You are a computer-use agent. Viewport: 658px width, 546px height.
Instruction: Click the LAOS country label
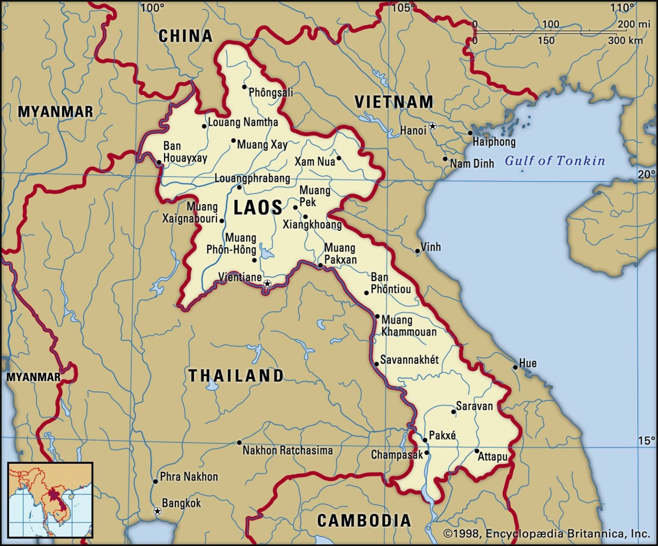pyautogui.click(x=257, y=207)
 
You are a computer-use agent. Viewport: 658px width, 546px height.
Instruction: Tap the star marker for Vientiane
pyautogui.click(x=267, y=283)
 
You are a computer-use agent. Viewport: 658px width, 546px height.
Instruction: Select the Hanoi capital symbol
pyautogui.click(x=433, y=126)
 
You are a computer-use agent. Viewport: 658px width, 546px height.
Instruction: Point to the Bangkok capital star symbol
pyautogui.click(x=157, y=511)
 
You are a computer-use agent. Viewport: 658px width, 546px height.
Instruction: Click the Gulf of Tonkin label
pyautogui.click(x=555, y=161)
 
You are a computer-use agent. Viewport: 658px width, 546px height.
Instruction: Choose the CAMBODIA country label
pyautogui.click(x=364, y=520)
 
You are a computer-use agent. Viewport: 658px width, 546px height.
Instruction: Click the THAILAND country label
pyautogui.click(x=236, y=375)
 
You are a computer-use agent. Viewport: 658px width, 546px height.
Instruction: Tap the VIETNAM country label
pyautogui.click(x=394, y=102)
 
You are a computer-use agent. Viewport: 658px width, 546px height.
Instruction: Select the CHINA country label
pyautogui.click(x=185, y=36)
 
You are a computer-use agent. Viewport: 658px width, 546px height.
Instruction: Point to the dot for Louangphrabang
pyautogui.click(x=239, y=187)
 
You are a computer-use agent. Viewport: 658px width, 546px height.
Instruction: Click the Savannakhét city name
pyautogui.click(x=409, y=360)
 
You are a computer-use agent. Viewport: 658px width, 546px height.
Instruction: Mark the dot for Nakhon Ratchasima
pyautogui.click(x=239, y=443)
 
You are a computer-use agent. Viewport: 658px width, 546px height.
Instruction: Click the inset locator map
pyautogui.click(x=50, y=500)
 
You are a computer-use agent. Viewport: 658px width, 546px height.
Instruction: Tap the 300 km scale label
pyautogui.click(x=625, y=41)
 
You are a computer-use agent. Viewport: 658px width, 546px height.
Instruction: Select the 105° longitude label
pyautogui.click(x=403, y=7)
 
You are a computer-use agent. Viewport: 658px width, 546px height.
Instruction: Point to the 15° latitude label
pyautogui.click(x=646, y=441)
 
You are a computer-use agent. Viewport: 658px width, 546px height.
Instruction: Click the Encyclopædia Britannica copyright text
pyautogui.click(x=546, y=534)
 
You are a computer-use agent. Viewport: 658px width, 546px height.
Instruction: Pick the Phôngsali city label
pyautogui.click(x=271, y=92)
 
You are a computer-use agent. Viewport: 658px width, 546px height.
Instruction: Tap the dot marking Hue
pyautogui.click(x=515, y=367)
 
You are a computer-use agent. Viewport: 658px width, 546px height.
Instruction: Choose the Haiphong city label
pyautogui.click(x=494, y=141)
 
